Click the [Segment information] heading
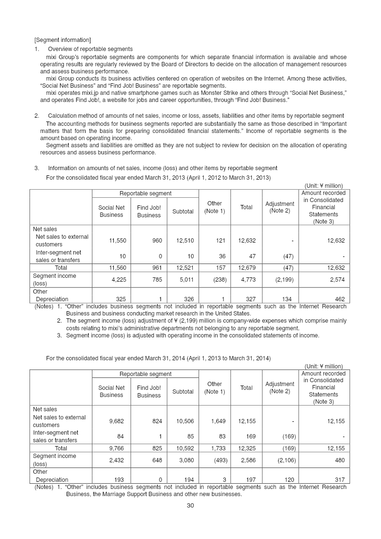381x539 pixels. (x=62, y=39)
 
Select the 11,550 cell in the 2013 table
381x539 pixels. (x=117, y=241)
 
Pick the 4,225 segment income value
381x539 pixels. (x=117, y=280)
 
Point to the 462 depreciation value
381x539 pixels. (x=339, y=299)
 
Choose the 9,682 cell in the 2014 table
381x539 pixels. (x=117, y=421)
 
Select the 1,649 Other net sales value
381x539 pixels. (x=217, y=421)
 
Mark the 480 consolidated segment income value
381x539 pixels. (x=339, y=460)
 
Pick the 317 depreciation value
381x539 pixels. (x=339, y=479)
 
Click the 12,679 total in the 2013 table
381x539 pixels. (x=247, y=267)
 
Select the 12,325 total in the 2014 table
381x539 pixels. (x=247, y=448)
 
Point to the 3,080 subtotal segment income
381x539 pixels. (x=184, y=460)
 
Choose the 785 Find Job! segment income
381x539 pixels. (x=156, y=280)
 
